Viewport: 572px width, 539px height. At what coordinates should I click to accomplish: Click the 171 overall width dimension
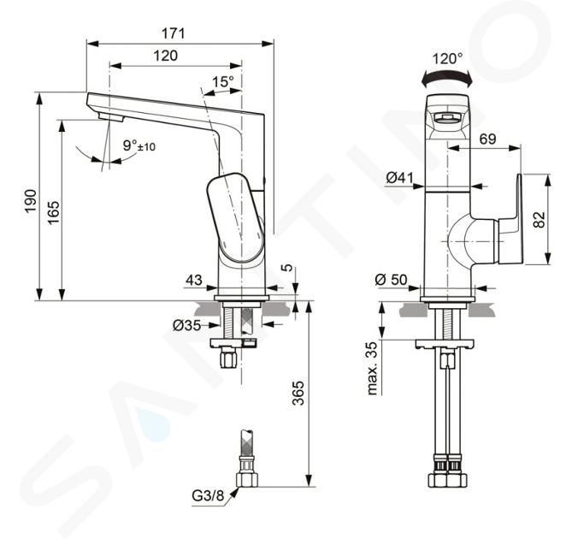pos(174,33)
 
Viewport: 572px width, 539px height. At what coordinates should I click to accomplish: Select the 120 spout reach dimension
pos(165,56)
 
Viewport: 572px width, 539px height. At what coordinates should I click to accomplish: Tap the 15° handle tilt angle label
pos(223,81)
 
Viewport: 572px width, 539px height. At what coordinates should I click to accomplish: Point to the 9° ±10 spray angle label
pos(139,145)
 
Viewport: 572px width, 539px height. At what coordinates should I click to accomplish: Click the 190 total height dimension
pos(31,201)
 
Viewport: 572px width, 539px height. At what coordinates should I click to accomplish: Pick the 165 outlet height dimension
pos(53,212)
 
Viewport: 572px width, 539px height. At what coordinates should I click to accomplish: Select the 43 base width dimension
pos(194,280)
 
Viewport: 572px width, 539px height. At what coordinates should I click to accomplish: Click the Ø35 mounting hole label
pos(187,325)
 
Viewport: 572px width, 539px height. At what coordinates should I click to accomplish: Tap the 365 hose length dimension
pos(298,393)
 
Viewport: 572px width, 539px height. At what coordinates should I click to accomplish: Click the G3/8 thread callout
pos(208,495)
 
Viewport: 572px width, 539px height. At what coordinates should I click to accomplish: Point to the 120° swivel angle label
pos(448,58)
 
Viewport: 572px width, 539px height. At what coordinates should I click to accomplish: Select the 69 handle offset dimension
pos(487,139)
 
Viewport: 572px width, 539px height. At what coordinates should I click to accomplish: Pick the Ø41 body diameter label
pos(399,178)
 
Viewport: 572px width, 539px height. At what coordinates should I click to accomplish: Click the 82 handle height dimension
pos(540,219)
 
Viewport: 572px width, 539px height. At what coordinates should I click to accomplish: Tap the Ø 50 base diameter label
pos(391,280)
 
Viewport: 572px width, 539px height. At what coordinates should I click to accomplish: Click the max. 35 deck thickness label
pos(372,369)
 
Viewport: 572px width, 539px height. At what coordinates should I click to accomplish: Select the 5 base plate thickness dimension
pos(288,268)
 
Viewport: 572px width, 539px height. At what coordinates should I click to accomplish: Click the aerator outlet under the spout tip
pos(111,117)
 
